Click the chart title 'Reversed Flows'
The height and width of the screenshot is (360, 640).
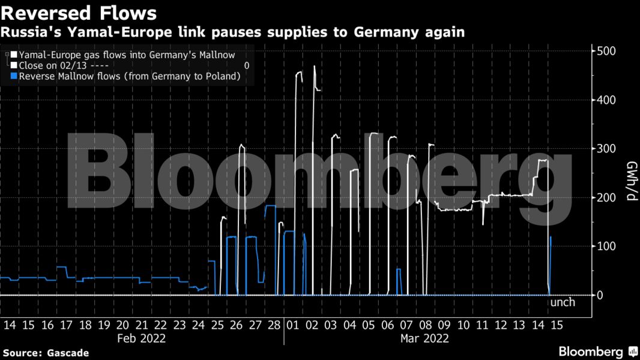(79, 13)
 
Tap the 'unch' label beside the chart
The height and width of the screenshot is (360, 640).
(563, 302)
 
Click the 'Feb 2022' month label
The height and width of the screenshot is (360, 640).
(142, 338)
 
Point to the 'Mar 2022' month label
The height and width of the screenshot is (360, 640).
(424, 338)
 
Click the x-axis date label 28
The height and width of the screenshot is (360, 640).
(274, 325)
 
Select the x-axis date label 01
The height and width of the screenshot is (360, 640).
(294, 325)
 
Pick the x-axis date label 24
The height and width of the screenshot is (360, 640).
(198, 325)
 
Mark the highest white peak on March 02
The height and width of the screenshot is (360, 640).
(314, 67)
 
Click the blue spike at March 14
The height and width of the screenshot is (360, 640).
(551, 238)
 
